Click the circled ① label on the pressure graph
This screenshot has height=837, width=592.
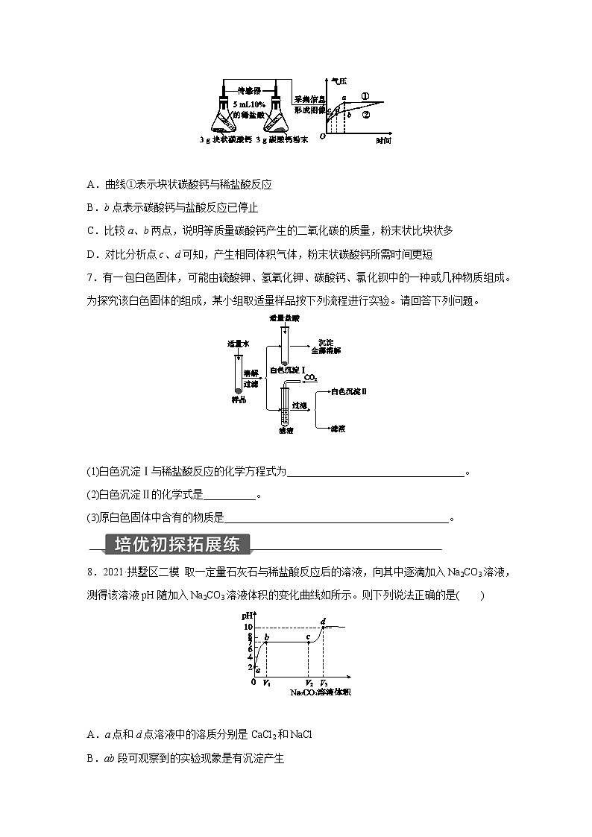click(365, 96)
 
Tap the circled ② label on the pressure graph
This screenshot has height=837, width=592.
click(365, 115)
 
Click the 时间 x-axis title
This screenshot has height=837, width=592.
click(383, 141)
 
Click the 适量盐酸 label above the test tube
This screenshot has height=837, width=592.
click(284, 318)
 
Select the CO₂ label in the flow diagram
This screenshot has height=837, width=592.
click(311, 379)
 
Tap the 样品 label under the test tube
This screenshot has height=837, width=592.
click(238, 399)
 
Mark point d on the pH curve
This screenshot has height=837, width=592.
click(322, 622)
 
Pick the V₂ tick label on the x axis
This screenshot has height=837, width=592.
click(309, 683)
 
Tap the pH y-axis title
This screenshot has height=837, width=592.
click(247, 616)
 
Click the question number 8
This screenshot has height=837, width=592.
click(90, 572)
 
